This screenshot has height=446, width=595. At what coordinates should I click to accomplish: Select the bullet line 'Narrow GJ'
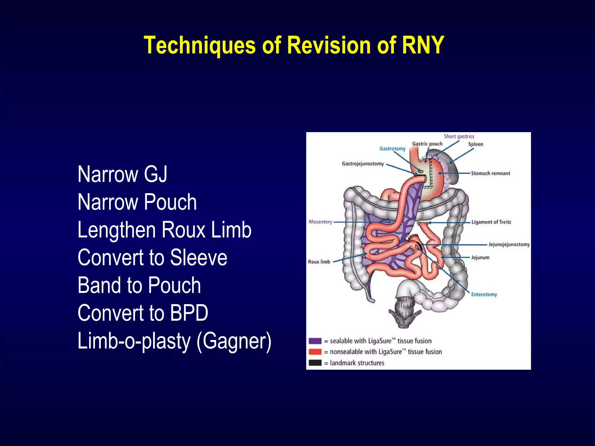pos(122,174)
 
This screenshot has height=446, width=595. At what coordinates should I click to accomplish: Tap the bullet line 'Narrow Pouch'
pos(137,202)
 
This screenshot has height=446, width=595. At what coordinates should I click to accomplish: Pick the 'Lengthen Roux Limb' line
pos(164,230)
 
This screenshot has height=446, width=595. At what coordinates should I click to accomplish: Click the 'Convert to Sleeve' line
pos(152,258)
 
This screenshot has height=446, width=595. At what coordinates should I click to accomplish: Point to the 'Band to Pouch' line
pos(139,285)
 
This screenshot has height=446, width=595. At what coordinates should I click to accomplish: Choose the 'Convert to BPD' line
pos(143,313)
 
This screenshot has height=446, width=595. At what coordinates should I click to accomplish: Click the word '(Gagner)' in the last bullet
pos(234,341)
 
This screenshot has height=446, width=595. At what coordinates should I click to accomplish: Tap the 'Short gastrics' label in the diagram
pos(459,136)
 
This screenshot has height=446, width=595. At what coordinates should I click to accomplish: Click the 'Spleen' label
pos(476,144)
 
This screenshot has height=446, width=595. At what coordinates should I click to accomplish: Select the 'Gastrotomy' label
pos(392,149)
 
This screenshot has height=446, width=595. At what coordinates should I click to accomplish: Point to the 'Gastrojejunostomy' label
pos(363,164)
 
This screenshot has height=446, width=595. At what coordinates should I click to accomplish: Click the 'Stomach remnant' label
pos(490,173)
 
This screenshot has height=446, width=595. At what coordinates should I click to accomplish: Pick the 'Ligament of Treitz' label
pos(491,222)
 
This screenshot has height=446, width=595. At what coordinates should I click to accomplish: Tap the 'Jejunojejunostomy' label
pos(509,244)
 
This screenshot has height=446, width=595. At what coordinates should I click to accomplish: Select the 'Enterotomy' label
pos(484,294)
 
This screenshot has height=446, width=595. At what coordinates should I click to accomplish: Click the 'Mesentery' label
pos(320,222)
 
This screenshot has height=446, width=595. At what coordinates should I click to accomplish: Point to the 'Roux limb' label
pos(319,262)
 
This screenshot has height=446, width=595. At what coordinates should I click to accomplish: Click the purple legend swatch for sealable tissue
pos(315,341)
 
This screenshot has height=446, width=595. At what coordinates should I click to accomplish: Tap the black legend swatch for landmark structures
pos(315,363)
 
